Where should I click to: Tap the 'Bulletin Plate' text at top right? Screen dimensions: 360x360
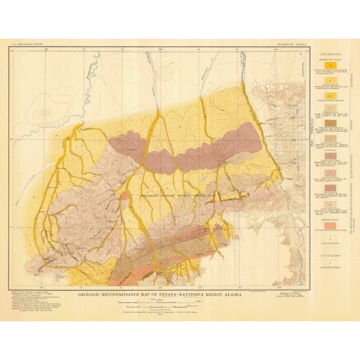coord(292,43)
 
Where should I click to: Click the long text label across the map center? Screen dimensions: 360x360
coord(169,196)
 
